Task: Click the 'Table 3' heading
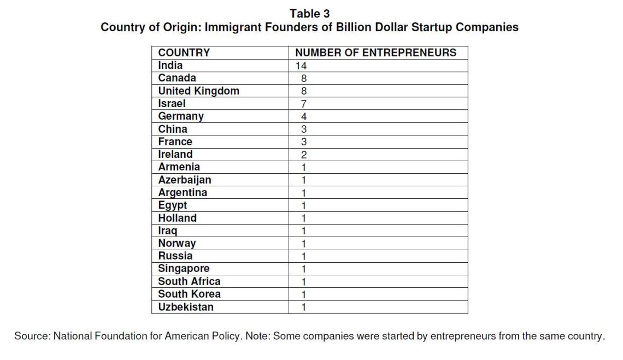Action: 309,13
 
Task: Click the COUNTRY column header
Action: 184,53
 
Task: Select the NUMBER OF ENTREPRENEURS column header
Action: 375,53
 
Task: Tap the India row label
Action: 171,66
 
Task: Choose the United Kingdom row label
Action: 198,91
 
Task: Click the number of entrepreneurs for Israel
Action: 304,104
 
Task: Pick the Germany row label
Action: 181,116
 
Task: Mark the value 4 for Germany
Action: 304,117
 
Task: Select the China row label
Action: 173,129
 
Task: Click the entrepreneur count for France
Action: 304,142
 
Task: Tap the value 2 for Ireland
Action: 304,155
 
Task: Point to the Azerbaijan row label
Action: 185,180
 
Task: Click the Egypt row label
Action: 173,205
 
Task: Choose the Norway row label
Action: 177,243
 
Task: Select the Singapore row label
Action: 184,268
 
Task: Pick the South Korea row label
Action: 189,294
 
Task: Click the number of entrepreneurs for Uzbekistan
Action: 304,307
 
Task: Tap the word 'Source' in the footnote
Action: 32,336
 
